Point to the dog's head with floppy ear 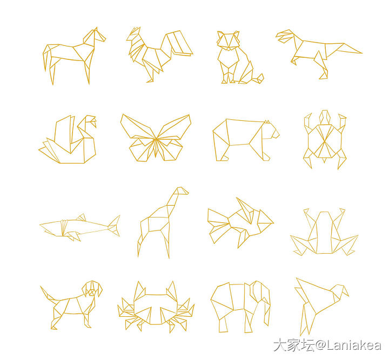tap(92, 289)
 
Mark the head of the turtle tap(325, 117)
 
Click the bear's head tap(271, 130)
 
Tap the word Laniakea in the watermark tap(353, 345)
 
